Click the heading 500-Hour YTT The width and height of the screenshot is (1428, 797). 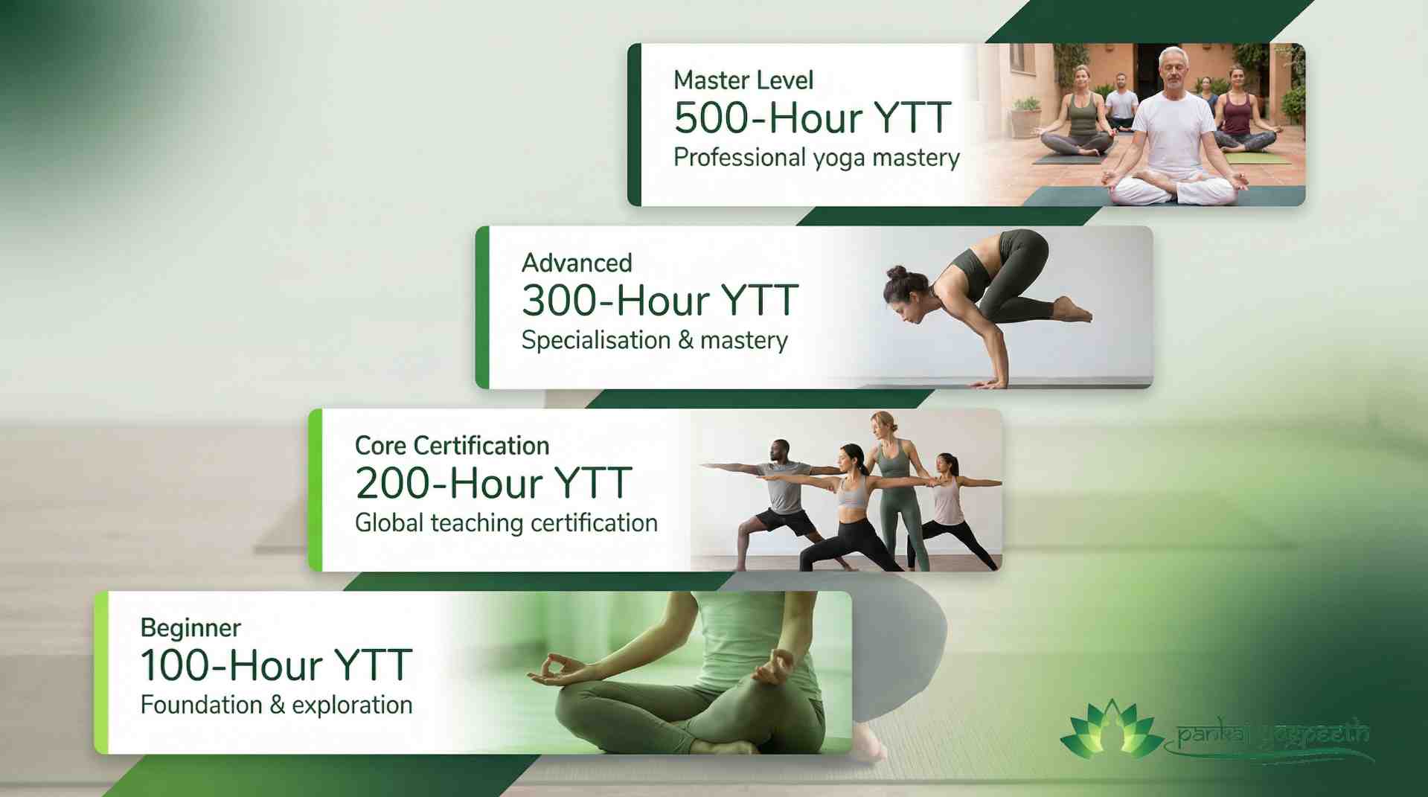pyautogui.click(x=812, y=119)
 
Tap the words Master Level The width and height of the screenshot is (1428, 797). pyautogui.click(x=743, y=80)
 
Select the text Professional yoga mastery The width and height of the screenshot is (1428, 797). pyautogui.click(x=816, y=158)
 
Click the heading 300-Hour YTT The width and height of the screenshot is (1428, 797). pyautogui.click(x=660, y=301)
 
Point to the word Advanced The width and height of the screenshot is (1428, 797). pyautogui.click(x=577, y=263)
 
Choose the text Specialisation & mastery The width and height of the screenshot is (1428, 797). pyautogui.click(x=654, y=341)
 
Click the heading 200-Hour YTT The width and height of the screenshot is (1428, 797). pyautogui.click(x=493, y=484)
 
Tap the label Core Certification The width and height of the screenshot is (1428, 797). pyautogui.click(x=452, y=446)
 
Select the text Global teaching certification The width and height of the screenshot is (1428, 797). pyautogui.click(x=506, y=523)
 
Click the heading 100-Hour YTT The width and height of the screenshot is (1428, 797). pyautogui.click(x=276, y=666)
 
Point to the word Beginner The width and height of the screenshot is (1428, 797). pyautogui.click(x=190, y=628)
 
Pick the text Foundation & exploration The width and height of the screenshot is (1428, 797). pyautogui.click(x=276, y=705)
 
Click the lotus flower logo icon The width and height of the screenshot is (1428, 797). pyautogui.click(x=1111, y=729)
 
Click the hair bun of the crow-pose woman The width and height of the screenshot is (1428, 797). pyautogui.click(x=896, y=274)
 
